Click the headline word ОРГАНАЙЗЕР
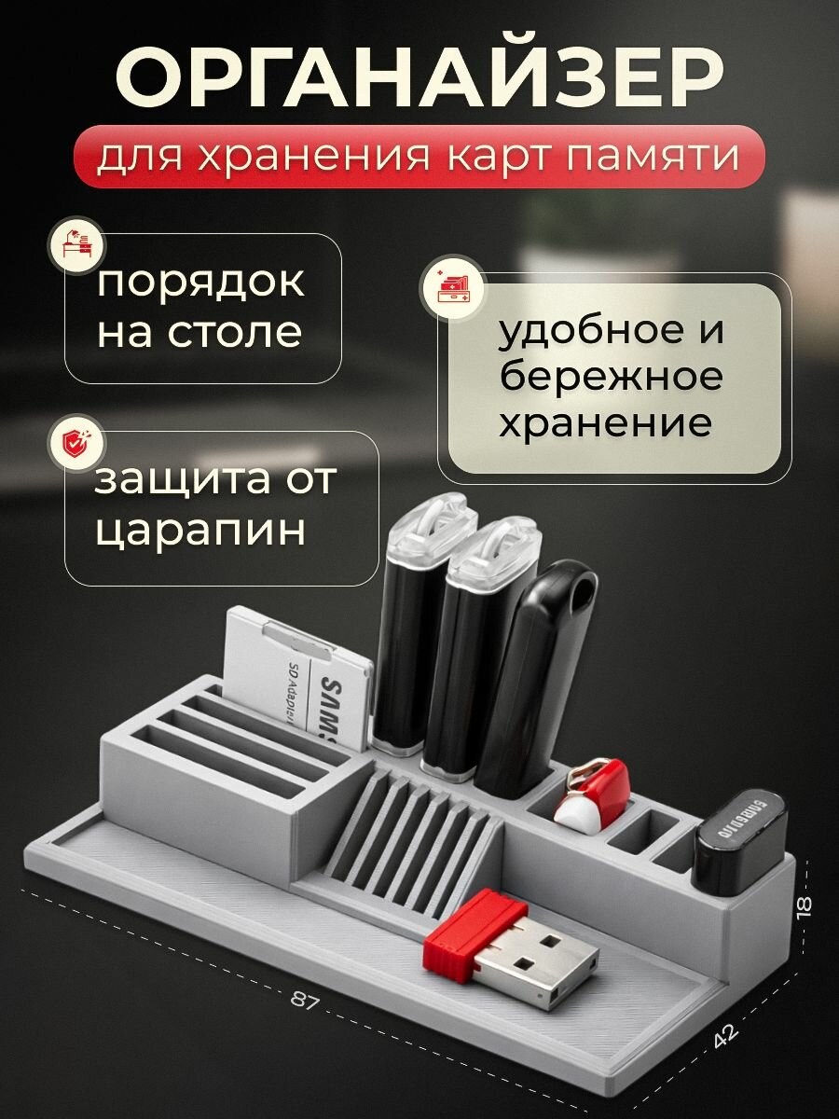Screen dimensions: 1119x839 (419, 78)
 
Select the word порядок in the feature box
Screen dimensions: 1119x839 (200, 281)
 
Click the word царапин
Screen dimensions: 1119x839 (199, 529)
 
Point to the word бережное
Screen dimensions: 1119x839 (611, 378)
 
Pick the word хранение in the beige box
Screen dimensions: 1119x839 (606, 424)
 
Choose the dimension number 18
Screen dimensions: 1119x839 (805, 904)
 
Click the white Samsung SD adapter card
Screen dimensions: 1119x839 (298, 676)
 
